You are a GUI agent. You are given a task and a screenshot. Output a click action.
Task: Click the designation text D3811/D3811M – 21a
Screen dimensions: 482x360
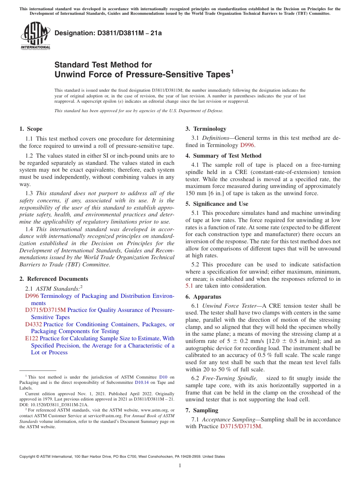pyautogui.click(x=108, y=33)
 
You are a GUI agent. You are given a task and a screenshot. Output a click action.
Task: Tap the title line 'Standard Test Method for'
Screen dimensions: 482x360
pyautogui.click(x=103, y=65)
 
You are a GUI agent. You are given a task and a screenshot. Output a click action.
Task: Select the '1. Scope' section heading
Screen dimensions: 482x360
pyautogui.click(x=31, y=129)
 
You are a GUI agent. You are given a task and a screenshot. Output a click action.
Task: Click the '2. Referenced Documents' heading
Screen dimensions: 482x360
pyautogui.click(x=53, y=279)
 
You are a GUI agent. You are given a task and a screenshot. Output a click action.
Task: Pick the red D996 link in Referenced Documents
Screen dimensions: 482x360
pyautogui.click(x=32, y=296)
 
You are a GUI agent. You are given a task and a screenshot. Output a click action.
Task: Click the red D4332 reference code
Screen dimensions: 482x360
pyautogui.click(x=33, y=324)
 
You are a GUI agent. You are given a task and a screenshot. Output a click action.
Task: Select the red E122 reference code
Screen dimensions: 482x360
pyautogui.click(x=31, y=338)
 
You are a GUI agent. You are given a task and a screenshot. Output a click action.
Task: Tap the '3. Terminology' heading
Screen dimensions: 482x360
pyautogui.click(x=206, y=129)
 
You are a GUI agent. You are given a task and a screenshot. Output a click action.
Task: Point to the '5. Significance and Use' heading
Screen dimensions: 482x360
pyautogui.click(x=217, y=204)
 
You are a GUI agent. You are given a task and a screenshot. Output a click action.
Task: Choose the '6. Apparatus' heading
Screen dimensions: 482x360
pyautogui.click(x=203, y=297)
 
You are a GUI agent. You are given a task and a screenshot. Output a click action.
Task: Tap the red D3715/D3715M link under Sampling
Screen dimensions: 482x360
pyautogui.click(x=241, y=426)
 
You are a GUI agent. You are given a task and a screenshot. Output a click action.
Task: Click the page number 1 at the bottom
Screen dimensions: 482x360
pyautogui.click(x=180, y=466)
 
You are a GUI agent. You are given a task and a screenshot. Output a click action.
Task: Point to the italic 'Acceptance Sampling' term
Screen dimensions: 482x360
pyautogui.click(x=230, y=419)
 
